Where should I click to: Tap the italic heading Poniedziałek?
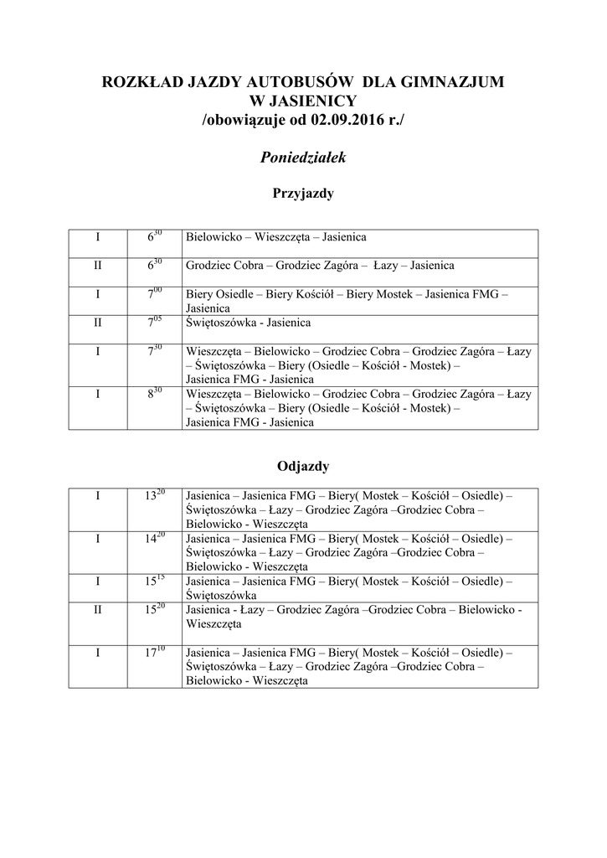pyautogui.click(x=303, y=157)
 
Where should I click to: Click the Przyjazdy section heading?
pyautogui.click(x=303, y=194)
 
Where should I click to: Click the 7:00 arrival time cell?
pyautogui.click(x=153, y=295)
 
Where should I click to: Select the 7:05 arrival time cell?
pyautogui.click(x=153, y=323)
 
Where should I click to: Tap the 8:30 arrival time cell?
pyautogui.click(x=153, y=394)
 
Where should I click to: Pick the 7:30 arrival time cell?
pyautogui.click(x=153, y=352)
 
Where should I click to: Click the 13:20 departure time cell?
pyautogui.click(x=153, y=496)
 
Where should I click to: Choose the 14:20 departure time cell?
pyautogui.click(x=153, y=538)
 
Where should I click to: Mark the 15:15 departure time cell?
pyautogui.click(x=153, y=581)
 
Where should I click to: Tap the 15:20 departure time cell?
pyautogui.click(x=153, y=610)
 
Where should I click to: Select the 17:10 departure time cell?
pyautogui.click(x=153, y=652)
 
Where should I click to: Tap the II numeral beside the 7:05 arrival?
pyautogui.click(x=97, y=323)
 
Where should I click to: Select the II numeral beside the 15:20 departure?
pyautogui.click(x=97, y=610)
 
